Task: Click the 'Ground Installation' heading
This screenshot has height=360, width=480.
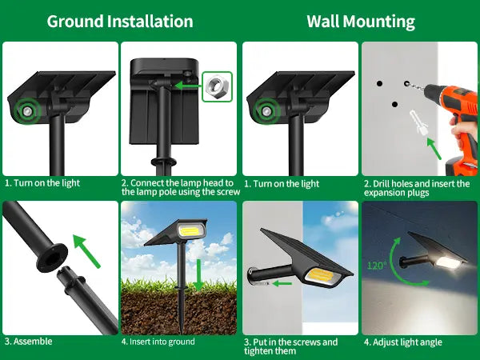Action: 120,22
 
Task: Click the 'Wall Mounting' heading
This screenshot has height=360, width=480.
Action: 361,22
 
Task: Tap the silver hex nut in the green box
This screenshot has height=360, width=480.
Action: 218,87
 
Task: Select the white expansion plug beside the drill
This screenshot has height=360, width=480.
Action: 418,122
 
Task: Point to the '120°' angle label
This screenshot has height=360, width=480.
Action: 377,265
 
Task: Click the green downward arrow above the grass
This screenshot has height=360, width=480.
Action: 199,275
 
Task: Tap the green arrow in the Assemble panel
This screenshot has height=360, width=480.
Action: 86,251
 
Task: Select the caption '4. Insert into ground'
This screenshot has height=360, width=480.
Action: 158,342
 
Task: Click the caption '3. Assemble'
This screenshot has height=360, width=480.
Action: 28,342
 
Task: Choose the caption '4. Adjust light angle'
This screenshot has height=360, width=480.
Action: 403,342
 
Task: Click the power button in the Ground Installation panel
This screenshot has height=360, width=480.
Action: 27,111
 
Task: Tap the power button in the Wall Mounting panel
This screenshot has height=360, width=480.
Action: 266,111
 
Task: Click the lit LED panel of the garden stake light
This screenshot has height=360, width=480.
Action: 189,230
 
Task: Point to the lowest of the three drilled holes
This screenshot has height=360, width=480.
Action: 394,104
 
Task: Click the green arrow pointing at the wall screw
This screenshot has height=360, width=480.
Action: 282,283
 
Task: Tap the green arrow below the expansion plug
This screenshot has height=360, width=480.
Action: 434,149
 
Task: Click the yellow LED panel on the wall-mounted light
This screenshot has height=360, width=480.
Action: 321,274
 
